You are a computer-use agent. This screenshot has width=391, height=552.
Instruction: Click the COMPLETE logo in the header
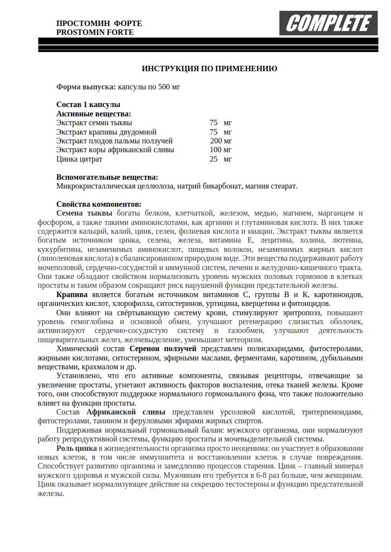click(328, 23)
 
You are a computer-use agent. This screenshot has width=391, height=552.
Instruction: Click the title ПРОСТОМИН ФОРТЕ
click(99, 24)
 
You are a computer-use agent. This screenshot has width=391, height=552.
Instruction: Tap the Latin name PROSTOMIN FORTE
click(95, 32)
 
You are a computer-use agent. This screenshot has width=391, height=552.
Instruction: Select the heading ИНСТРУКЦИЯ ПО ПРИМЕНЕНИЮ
click(209, 69)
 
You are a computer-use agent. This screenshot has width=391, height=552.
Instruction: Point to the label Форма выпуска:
click(86, 87)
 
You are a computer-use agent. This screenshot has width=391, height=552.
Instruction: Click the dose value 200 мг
click(221, 141)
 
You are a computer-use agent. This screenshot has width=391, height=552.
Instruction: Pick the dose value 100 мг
click(220, 150)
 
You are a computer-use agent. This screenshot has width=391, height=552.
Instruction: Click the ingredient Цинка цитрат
click(79, 159)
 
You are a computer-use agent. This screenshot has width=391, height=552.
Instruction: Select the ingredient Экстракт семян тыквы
click(94, 123)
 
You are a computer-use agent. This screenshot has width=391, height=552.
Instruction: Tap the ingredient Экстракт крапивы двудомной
click(106, 132)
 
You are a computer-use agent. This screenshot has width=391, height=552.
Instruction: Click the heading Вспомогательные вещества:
click(107, 177)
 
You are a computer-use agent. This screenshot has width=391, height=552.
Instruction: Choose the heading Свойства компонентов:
click(98, 204)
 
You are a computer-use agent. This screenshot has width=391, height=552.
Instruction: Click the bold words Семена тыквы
click(84, 213)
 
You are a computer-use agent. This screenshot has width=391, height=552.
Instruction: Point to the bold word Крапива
click(72, 295)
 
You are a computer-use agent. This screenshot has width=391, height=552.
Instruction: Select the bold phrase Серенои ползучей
click(163, 349)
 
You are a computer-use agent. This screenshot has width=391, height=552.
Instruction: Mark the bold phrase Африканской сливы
click(126, 412)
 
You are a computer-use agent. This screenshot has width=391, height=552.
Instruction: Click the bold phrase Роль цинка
click(76, 448)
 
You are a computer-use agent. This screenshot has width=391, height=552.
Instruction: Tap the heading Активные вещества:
click(93, 114)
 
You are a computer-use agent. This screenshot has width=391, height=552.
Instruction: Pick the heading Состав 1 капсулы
click(88, 105)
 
